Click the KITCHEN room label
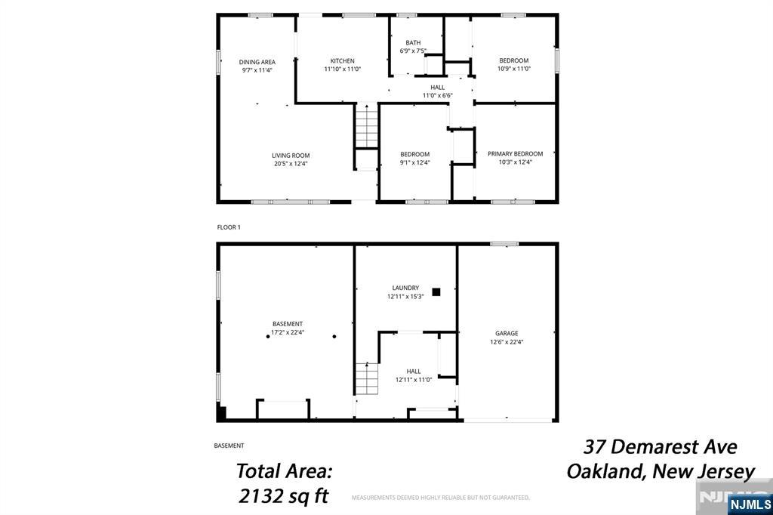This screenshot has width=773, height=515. click(342, 60)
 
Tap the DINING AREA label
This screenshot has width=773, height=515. click(257, 62)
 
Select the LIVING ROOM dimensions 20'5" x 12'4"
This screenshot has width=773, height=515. click(291, 164)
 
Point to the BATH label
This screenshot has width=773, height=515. click(413, 43)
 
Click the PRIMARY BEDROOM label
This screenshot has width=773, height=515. click(515, 154)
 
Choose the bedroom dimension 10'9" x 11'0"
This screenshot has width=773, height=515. click(513, 69)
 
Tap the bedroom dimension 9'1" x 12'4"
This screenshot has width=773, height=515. click(415, 162)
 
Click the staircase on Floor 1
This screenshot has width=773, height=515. click(367, 126)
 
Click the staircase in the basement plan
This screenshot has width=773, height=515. click(368, 378)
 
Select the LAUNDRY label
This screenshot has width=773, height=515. click(405, 288)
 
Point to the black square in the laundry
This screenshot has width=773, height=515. click(436, 292)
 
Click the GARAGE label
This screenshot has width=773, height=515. click(507, 334)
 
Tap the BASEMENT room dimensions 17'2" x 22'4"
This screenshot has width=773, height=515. click(288, 332)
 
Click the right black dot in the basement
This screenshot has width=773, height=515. click(334, 337)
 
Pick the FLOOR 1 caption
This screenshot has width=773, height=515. click(229, 227)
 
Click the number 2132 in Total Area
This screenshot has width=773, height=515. click(260, 495)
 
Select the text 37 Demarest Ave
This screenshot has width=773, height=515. click(661, 447)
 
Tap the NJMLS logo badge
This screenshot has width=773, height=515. click(750, 504)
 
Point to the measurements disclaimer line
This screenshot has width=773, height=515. click(441, 497)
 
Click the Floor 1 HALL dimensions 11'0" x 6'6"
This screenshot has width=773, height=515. click(437, 96)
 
